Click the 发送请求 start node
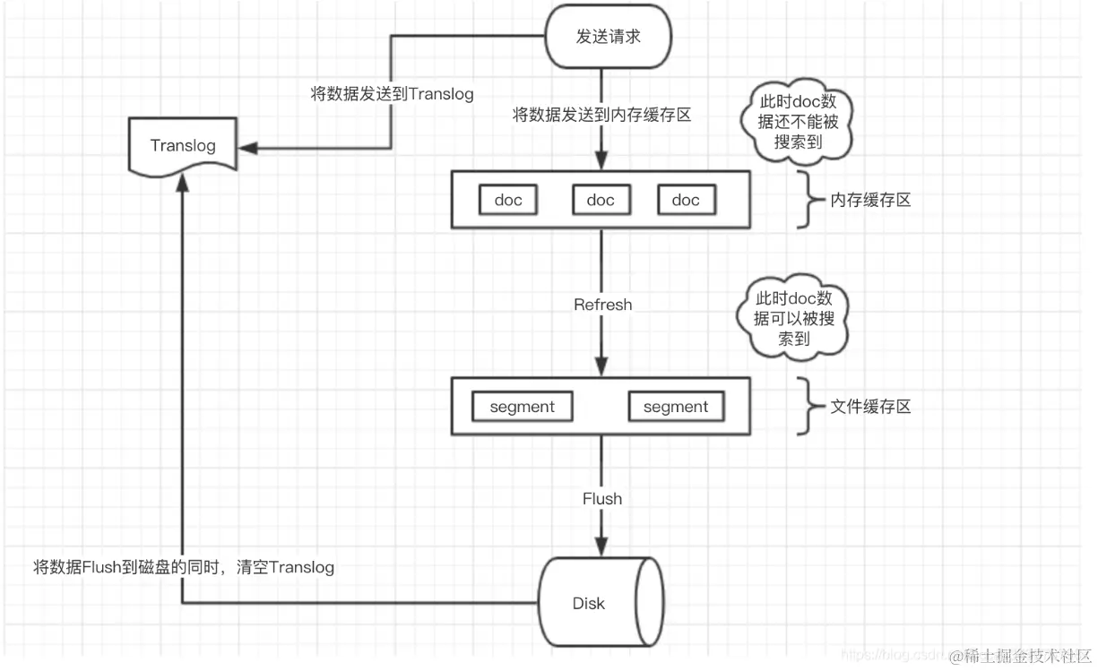609,37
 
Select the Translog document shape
183,145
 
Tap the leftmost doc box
507,200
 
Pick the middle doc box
600,200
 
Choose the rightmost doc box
686,200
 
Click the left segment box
522,407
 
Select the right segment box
675,407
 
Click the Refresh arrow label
602,305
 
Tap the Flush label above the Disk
601,498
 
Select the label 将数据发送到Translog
392,94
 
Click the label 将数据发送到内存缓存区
601,115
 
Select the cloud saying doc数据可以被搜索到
793,318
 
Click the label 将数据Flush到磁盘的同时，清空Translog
184,567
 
